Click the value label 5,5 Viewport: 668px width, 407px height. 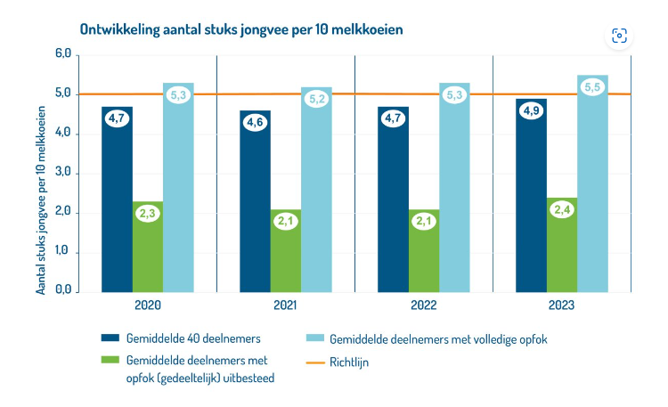[592, 87]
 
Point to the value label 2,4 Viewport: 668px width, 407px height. [562, 210]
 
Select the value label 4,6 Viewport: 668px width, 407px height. [256, 123]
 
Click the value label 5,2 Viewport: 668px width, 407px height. [316, 100]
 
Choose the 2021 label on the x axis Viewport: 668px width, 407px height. [286, 305]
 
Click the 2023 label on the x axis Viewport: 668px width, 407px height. [562, 305]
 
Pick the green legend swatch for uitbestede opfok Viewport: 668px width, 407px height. [109, 360]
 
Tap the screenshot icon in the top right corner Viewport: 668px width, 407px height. [620, 36]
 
